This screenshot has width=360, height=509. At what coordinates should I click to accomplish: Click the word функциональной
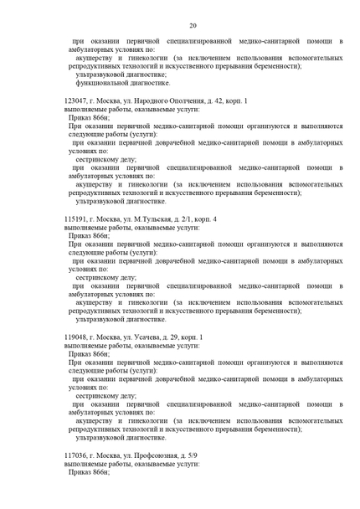(102, 83)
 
